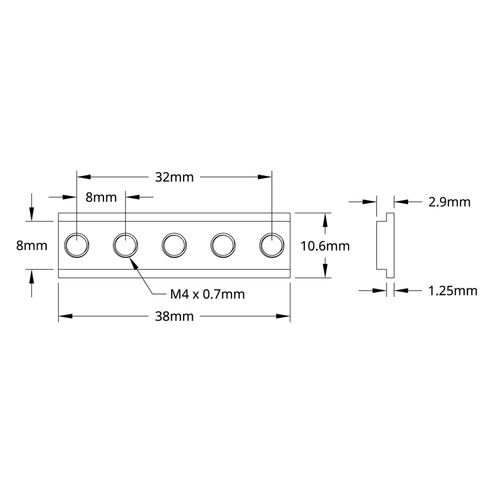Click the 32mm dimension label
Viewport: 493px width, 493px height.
coord(175,177)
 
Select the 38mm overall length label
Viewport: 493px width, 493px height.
coord(175,316)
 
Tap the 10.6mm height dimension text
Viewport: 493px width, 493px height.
coord(325,246)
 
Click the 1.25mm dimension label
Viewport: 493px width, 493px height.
coord(452,291)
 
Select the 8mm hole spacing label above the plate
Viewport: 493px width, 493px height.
coord(101,197)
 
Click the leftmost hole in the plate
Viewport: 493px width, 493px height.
coord(76,246)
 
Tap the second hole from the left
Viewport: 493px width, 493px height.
coord(125,246)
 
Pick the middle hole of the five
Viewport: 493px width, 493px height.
coord(174,246)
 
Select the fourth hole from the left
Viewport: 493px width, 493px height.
coord(223,246)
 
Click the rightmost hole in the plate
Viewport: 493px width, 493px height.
coord(272,246)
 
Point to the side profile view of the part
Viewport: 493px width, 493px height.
coord(382,246)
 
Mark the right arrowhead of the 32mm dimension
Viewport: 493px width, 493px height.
coord(266,177)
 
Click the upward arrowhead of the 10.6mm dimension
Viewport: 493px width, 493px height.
coord(325,218)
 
